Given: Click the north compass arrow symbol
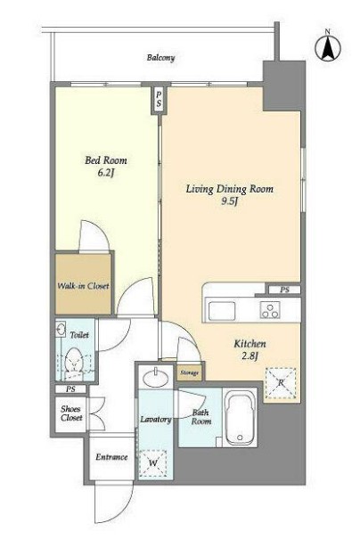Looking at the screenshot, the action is pos(328,48).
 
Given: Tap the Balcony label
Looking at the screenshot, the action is pos(160,58).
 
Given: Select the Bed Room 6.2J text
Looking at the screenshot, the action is pos(106,167).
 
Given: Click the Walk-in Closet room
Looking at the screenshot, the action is pos(83,283).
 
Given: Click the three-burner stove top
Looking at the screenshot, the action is pos(270,310).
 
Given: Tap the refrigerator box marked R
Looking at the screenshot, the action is pos(281,383).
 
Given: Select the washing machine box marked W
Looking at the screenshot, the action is pos(152,463).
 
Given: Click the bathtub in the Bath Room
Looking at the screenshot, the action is pos(240,418).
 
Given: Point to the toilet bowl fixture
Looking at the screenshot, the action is pos(74,363).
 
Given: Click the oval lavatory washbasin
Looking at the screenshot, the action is pos(156,379).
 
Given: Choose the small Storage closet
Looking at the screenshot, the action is pos(190,372).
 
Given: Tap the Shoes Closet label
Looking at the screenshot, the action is pos(71,413).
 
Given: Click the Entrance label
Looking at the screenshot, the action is pos(111,457).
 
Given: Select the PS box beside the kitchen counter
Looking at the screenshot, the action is pos(284,290).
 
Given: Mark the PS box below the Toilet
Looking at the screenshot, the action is pos(70,389).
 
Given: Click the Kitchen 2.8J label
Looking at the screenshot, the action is pos(250,349).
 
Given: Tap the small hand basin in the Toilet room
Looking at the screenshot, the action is pos(61,329).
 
